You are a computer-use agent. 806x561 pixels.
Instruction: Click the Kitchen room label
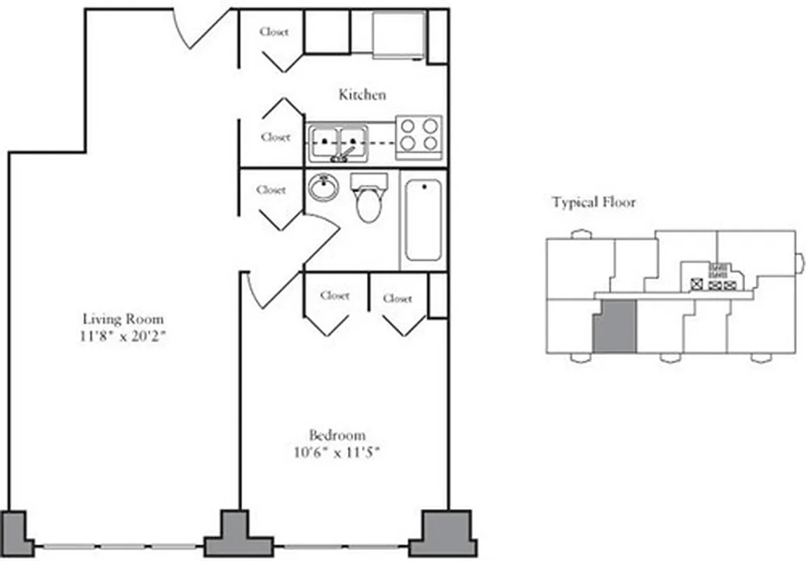[362, 95]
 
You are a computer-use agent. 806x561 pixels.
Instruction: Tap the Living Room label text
[123, 318]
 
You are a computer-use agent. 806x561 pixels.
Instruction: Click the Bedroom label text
[337, 434]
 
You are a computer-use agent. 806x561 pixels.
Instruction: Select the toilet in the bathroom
[368, 199]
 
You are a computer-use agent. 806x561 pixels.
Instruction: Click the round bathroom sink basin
[323, 187]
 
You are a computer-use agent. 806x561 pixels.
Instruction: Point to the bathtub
[423, 219]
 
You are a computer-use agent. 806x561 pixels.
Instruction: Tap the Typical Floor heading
[593, 203]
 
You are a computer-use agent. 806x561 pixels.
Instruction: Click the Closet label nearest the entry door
[274, 32]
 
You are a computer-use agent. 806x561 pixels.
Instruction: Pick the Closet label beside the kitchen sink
[275, 137]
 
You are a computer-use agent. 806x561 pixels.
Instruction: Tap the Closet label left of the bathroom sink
[271, 189]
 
